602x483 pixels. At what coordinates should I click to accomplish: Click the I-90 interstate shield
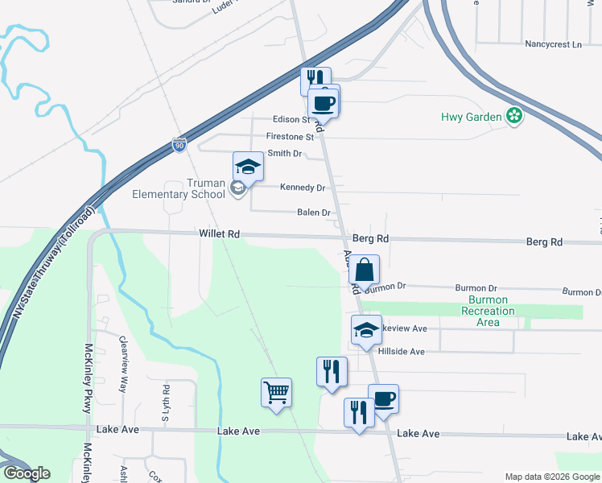pyautogui.click(x=179, y=146)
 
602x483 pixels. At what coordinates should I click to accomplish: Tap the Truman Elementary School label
pyautogui.click(x=179, y=188)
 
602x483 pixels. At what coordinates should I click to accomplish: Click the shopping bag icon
pyautogui.click(x=365, y=270)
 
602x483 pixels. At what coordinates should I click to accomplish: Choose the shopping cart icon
pyautogui.click(x=276, y=392)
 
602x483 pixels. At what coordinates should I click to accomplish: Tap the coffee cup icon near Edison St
pyautogui.click(x=324, y=102)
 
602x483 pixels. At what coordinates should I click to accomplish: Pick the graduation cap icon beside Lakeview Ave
pyautogui.click(x=366, y=330)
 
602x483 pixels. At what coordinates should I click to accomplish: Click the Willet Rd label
pyautogui.click(x=221, y=234)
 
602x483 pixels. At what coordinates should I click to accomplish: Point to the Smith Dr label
pyautogui.click(x=284, y=153)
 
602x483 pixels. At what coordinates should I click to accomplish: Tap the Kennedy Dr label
pyautogui.click(x=302, y=188)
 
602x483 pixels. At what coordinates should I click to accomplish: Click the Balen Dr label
pyautogui.click(x=314, y=213)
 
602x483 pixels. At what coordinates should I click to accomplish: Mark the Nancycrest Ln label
pyautogui.click(x=552, y=44)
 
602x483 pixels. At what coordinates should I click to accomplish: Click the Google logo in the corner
pyautogui.click(x=26, y=473)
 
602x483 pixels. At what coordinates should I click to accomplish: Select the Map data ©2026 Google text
pyautogui.click(x=551, y=477)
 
